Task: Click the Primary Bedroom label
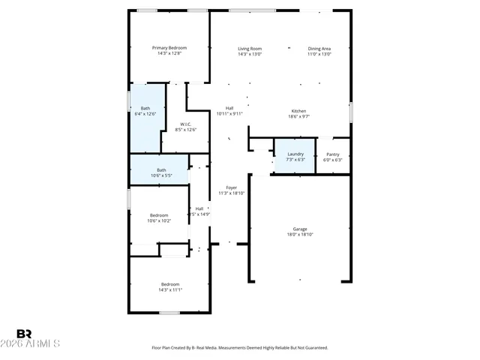tap(172, 48)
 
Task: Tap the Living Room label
tap(250, 48)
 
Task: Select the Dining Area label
tap(319, 48)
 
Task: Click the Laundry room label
tap(295, 154)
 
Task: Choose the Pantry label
tap(332, 154)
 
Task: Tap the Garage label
tap(300, 229)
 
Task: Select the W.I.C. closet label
tap(185, 124)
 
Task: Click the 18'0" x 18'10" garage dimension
tap(300, 235)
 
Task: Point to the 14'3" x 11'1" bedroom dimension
tap(171, 289)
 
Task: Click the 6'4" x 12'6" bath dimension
tap(145, 114)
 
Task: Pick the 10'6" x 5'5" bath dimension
tap(161, 175)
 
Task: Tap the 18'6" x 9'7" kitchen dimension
tap(298, 117)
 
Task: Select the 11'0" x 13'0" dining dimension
tap(319, 54)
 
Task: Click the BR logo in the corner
tap(24, 333)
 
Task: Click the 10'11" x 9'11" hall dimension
tap(229, 114)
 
